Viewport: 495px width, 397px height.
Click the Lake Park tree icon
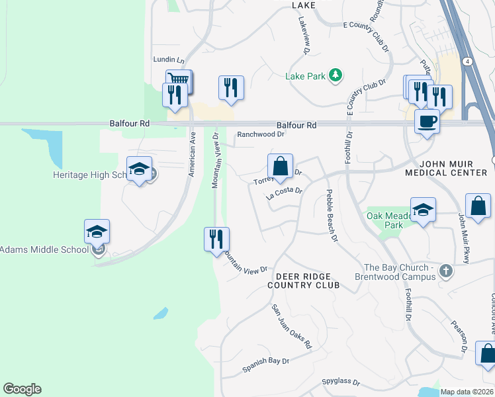[336, 75]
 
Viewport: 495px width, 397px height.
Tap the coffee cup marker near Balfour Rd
[427, 121]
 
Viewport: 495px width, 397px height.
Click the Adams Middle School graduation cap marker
[97, 232]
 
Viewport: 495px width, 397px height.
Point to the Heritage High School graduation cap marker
[139, 169]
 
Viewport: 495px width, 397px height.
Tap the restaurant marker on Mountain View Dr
[216, 239]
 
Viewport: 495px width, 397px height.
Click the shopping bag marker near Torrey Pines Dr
[281, 167]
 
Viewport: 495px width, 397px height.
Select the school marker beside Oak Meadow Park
[423, 210]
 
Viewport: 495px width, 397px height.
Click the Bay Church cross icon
[446, 271]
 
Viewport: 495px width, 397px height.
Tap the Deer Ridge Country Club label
[303, 281]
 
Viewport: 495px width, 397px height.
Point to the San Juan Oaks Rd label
[291, 327]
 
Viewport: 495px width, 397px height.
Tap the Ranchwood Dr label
[260, 134]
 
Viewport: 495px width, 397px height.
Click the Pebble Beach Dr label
[332, 215]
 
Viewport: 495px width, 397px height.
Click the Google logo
[22, 389]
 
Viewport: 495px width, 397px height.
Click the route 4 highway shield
[467, 62]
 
